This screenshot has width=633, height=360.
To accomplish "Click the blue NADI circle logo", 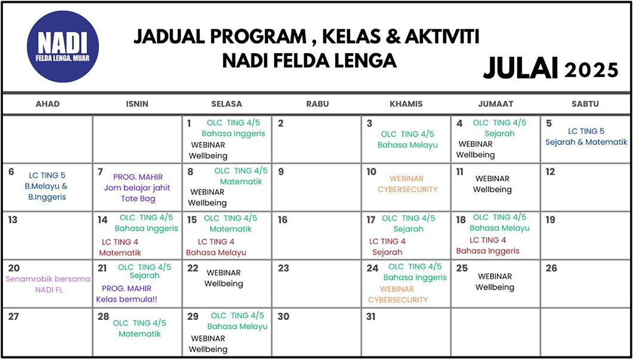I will click(x=63, y=46).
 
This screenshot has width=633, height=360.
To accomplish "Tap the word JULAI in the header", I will click(x=520, y=69).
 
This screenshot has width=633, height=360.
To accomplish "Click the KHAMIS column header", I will click(x=406, y=104).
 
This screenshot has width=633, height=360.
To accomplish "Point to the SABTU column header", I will click(x=585, y=104).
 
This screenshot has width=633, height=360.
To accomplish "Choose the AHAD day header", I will click(x=48, y=104).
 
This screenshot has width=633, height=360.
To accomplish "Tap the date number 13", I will click(x=13, y=220).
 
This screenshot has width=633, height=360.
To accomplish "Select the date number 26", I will click(x=551, y=268).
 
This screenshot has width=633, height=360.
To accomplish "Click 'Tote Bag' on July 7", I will click(x=137, y=198).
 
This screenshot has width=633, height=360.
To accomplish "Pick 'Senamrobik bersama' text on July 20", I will click(x=48, y=279).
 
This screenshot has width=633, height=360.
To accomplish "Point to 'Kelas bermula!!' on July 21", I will click(x=130, y=299).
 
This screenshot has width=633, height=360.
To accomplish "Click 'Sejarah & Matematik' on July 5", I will click(x=586, y=142).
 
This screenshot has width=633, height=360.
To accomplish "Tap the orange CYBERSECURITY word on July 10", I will click(x=407, y=189).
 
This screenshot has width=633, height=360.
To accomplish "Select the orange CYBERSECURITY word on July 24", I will click(x=398, y=300).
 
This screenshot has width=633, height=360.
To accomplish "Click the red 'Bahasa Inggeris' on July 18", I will click(x=487, y=251).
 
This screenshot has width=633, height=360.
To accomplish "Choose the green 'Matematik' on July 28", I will click(x=140, y=334).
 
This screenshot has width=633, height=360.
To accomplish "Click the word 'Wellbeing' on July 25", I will click(x=495, y=287).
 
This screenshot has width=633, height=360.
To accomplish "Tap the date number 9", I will click(x=281, y=172).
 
